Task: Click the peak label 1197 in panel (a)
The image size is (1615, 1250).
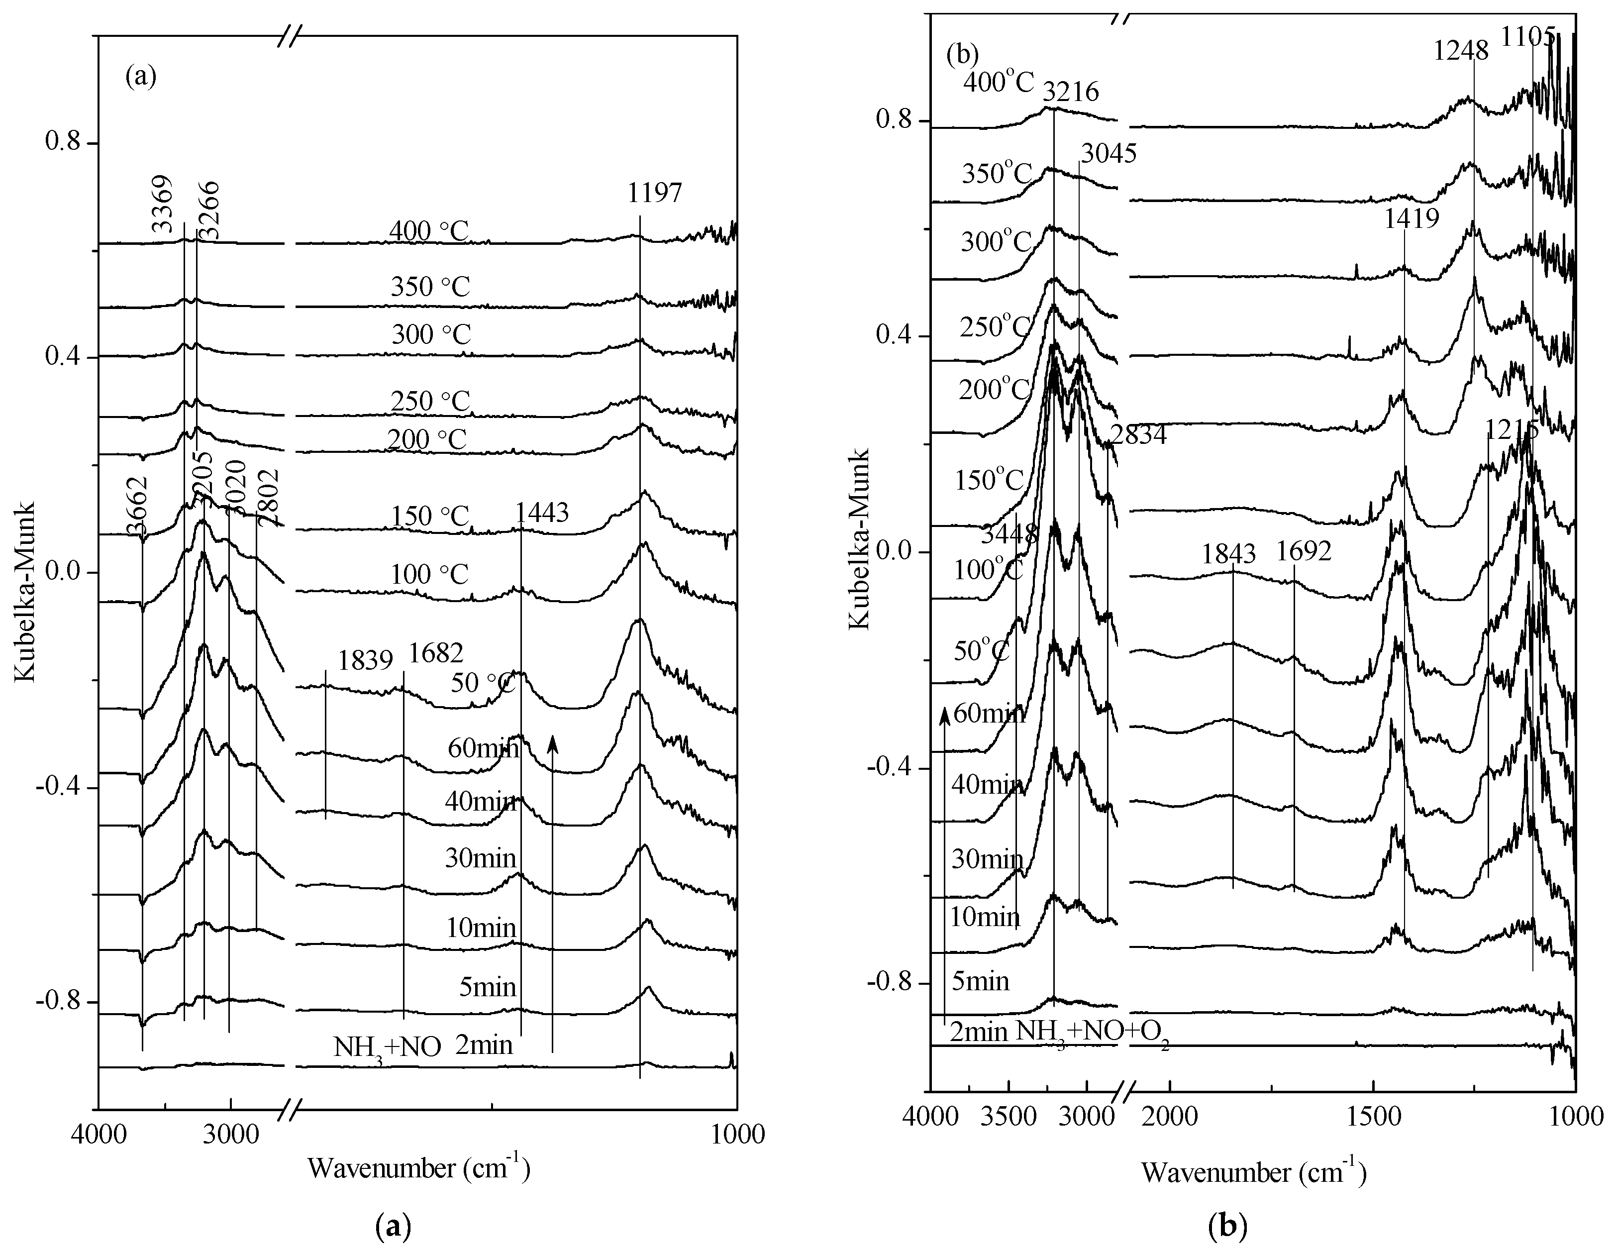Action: coord(654,194)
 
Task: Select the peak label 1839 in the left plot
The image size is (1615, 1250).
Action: coord(365,660)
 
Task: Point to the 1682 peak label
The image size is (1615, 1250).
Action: coord(436,652)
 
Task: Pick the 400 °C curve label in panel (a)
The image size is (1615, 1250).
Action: coord(429,231)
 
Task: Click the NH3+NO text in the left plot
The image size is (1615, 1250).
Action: coord(387,1046)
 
